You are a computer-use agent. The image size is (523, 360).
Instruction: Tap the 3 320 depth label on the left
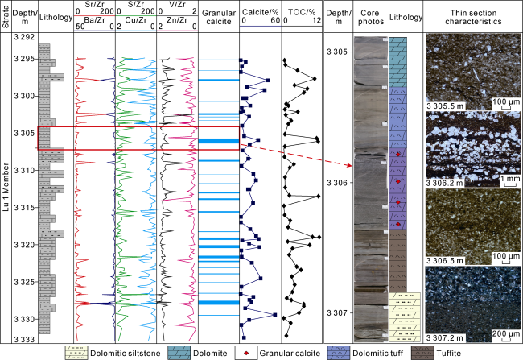24,244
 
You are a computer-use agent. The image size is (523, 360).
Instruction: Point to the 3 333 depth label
24,339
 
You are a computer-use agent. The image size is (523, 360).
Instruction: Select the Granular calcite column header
218,20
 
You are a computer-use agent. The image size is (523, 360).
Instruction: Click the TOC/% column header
300,10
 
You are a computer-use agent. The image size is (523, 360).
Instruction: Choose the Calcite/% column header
258,10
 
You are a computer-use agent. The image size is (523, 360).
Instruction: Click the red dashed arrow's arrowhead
348,165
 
